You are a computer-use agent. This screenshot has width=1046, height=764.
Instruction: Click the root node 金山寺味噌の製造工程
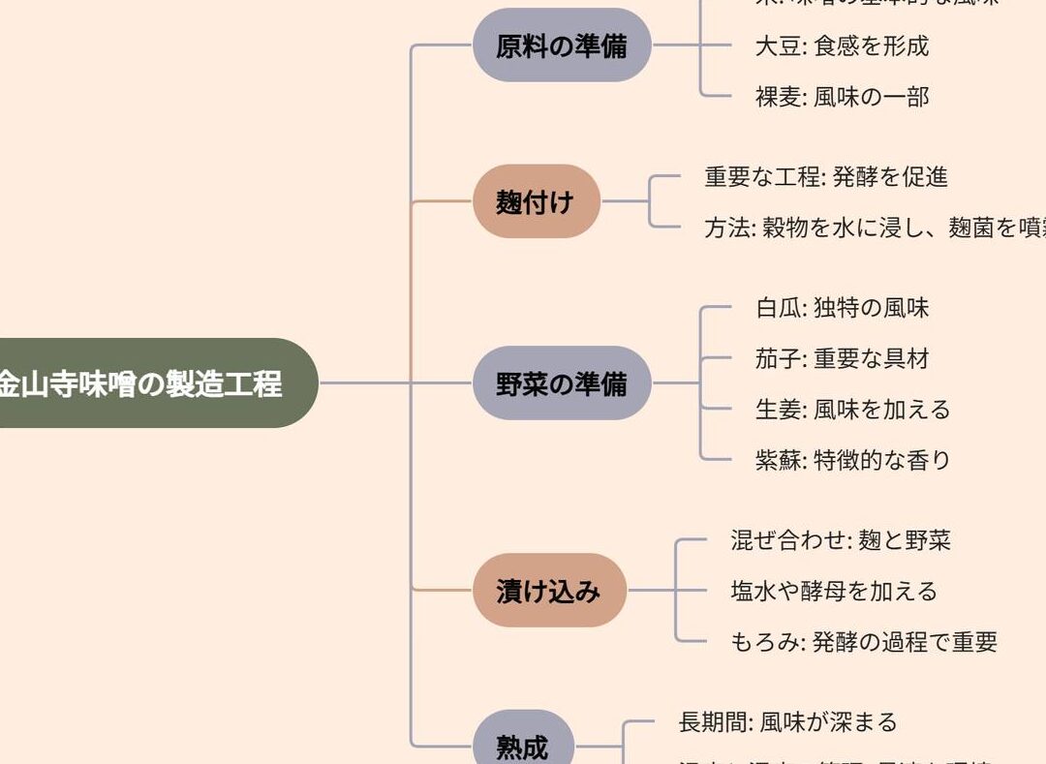(145, 383)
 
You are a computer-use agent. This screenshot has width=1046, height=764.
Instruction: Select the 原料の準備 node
(562, 46)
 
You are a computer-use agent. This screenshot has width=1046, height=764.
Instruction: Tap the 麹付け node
(536, 202)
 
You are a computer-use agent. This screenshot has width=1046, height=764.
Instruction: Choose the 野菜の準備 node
(562, 383)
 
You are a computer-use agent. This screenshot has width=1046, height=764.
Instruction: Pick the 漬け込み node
(549, 591)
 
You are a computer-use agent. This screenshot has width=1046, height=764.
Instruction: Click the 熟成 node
(523, 747)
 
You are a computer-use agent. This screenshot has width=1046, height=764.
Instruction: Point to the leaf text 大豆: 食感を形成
(842, 46)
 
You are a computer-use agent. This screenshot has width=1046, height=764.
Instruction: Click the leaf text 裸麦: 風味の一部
(842, 96)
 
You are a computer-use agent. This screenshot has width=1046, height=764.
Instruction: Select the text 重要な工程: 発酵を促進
(826, 176)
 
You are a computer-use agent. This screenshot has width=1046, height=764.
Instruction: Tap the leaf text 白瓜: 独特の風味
(842, 308)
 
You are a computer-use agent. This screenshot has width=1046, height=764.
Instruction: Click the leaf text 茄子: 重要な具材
(842, 358)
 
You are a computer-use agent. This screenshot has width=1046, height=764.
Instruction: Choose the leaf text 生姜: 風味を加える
(852, 409)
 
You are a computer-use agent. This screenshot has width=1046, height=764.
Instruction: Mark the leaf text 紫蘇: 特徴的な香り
(852, 459)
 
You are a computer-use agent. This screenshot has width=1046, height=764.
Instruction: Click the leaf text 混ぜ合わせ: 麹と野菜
(841, 539)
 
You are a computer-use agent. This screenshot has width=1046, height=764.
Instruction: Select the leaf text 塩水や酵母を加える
(834, 591)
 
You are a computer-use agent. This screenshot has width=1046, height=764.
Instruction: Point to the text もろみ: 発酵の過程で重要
(864, 641)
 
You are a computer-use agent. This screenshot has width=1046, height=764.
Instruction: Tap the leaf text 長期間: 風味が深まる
(788, 721)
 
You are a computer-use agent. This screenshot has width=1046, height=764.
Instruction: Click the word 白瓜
(778, 308)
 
